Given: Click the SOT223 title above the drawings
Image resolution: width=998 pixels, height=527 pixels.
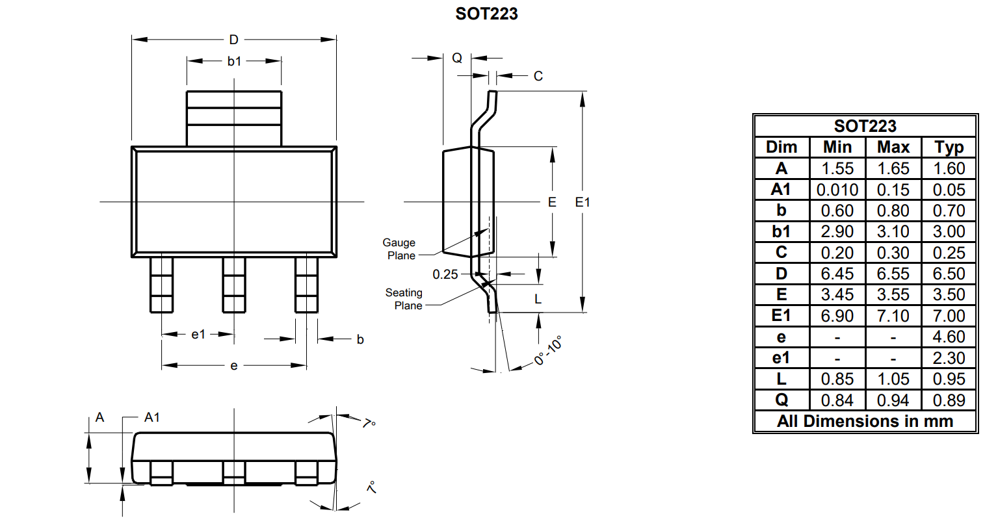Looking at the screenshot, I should [486, 14].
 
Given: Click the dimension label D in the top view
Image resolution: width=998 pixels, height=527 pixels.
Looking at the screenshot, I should [233, 40].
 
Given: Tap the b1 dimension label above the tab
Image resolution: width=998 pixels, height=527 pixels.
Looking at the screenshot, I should [234, 61].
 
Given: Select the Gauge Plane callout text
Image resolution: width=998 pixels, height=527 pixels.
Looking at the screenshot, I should [399, 249].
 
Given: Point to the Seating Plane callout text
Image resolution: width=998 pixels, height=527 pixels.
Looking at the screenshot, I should [404, 299].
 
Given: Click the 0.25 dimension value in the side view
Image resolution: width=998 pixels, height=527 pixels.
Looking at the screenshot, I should [445, 274].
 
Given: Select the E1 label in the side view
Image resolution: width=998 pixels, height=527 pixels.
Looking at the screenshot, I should [583, 202].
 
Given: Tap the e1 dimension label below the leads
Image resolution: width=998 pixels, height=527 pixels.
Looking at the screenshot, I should [198, 334].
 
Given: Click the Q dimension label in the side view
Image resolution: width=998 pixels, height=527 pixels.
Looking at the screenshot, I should [457, 58].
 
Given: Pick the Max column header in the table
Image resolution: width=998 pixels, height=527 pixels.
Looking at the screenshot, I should [893, 147].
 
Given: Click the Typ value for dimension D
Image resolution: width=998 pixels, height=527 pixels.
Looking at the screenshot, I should [949, 274].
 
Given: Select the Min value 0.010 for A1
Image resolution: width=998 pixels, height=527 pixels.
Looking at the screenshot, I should [837, 190].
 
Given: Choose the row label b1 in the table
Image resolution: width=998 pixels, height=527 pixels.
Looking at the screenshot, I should [781, 231].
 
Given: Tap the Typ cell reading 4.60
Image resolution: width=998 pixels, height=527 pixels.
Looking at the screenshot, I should [949, 337].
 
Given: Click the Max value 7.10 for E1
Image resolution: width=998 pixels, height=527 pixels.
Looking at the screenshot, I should [893, 316].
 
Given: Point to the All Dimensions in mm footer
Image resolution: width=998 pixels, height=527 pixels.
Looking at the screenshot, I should [865, 421].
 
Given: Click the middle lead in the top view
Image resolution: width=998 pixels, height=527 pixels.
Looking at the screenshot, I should [234, 285].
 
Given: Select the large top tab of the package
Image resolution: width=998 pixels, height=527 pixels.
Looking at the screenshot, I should [234, 118].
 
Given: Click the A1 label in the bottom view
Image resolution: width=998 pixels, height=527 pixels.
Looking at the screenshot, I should [151, 417].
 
